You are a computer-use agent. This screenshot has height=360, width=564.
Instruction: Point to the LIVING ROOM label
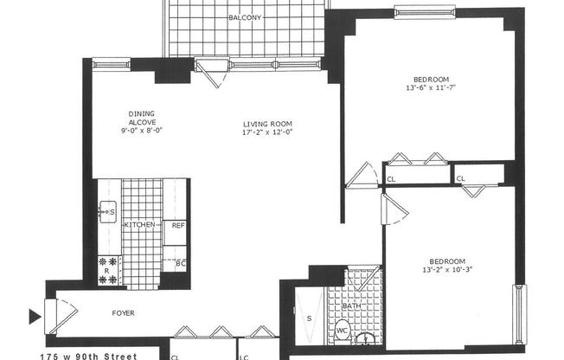coord(266,123)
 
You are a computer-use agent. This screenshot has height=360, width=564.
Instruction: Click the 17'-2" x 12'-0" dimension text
coord(266,132)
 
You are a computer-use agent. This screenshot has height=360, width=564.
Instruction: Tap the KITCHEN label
coord(141,226)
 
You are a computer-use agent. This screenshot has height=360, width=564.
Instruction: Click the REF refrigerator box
coord(176,226)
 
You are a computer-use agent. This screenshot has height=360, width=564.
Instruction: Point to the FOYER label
coord(121,313)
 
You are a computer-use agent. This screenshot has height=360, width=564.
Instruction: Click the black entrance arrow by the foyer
coord(35,316)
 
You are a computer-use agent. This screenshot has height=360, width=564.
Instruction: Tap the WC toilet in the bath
coord(342,330)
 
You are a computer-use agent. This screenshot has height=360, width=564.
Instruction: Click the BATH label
coord(353,305)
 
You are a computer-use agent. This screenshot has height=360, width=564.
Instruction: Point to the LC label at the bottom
coord(246,357)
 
